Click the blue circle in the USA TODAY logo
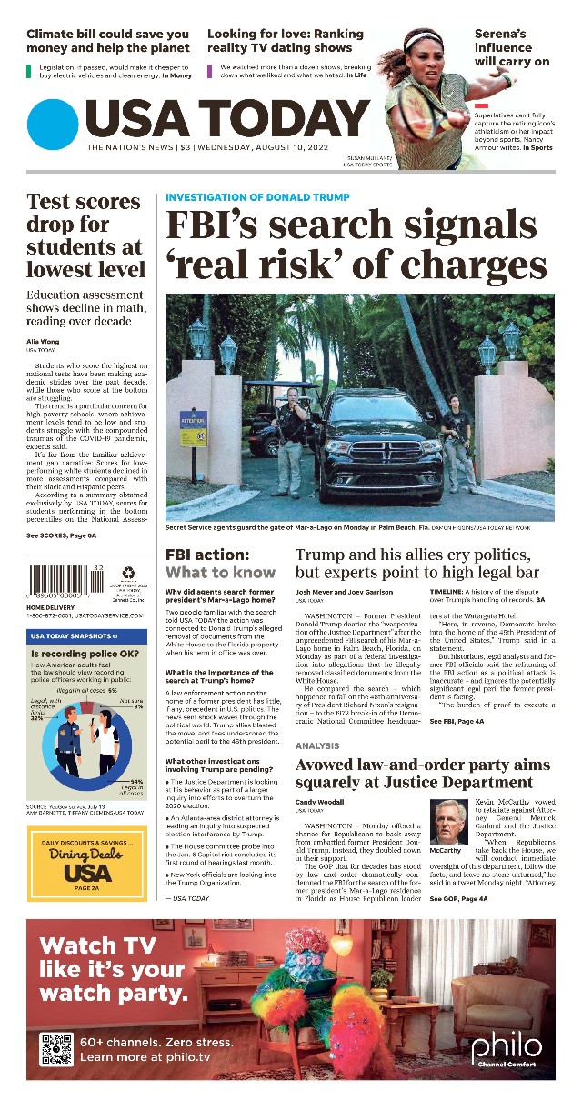53,124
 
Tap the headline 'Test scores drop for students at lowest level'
85,235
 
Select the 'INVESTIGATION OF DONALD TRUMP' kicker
257,196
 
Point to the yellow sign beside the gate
193,432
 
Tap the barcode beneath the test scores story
66,581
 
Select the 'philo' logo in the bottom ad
507,1046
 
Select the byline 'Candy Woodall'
320,803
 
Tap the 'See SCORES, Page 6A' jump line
61,536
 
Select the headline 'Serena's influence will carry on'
512,47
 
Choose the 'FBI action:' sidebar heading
206,554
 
